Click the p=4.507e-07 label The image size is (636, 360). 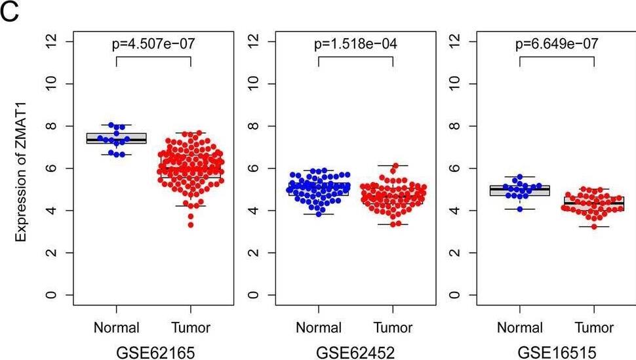click(153, 45)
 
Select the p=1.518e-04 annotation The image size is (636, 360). click(355, 45)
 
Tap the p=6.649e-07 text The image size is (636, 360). click(557, 45)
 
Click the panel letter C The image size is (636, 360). click(11, 12)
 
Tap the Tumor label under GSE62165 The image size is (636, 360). click(190, 327)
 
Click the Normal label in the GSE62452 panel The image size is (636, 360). click(319, 327)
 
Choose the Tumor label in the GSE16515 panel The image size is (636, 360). click(594, 327)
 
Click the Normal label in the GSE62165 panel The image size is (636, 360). click(117, 327)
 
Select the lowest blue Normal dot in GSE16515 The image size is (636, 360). click(519, 209)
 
